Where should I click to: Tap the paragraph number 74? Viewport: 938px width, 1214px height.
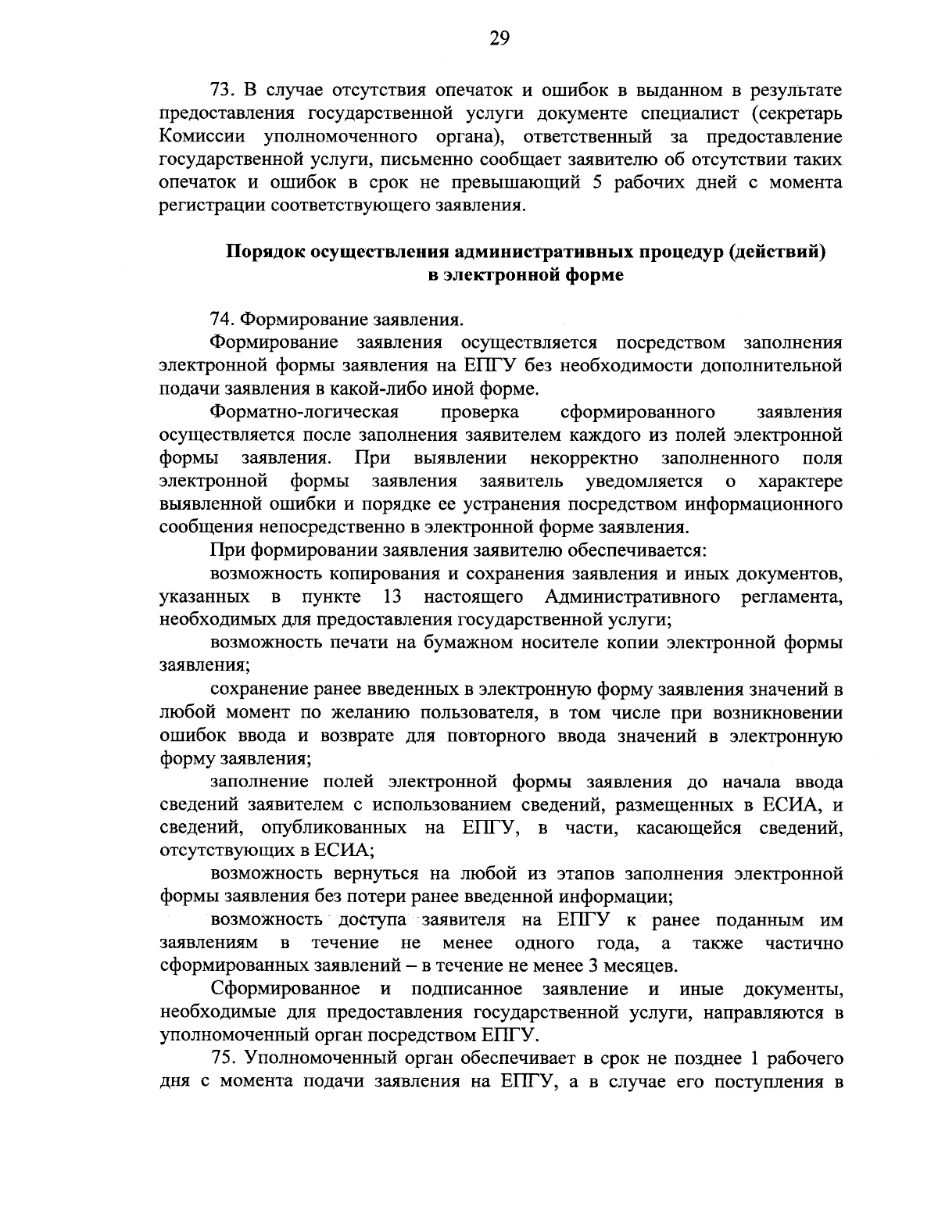click(x=223, y=320)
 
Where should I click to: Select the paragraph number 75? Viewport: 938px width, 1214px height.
click(x=223, y=1059)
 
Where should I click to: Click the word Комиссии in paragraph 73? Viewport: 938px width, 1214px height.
click(x=199, y=137)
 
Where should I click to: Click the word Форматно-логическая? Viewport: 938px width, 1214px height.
click(x=305, y=412)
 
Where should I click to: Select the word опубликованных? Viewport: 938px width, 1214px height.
click(x=340, y=828)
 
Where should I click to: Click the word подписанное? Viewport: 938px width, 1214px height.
click(x=464, y=990)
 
